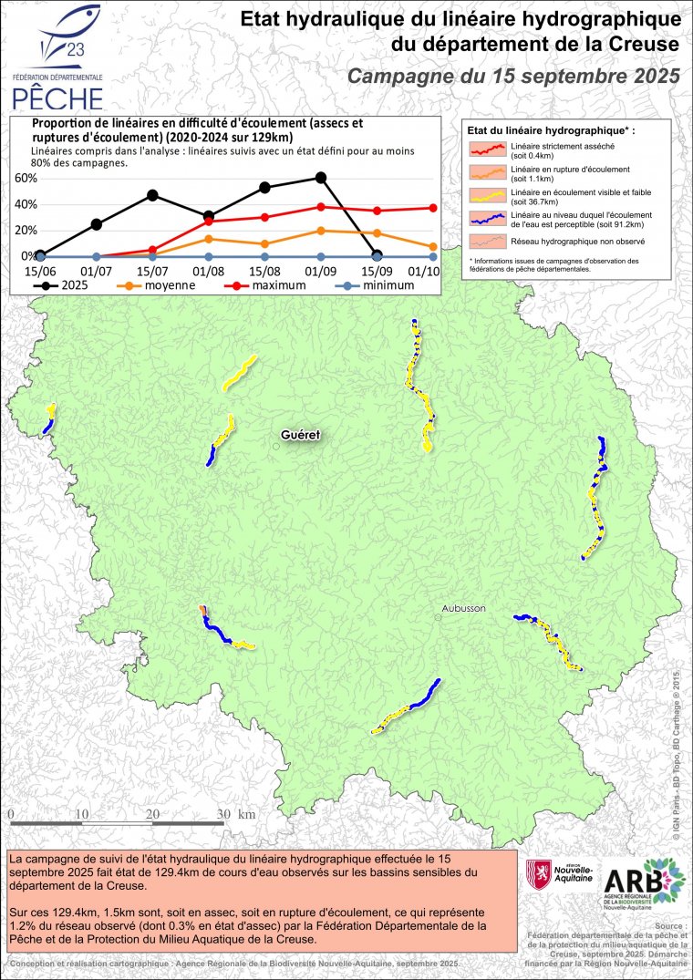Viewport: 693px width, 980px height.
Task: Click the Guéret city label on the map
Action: (x=301, y=435)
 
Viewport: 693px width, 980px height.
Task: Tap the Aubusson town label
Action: (x=464, y=607)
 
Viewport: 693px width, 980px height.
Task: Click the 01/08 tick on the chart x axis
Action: (x=209, y=271)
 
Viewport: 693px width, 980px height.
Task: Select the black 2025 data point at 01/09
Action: (x=320, y=178)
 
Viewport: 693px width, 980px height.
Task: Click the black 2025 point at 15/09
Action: (x=378, y=256)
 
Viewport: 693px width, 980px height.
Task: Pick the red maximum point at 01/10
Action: (x=432, y=208)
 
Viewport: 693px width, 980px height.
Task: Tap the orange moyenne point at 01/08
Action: (x=209, y=239)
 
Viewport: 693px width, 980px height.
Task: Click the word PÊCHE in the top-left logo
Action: (x=57, y=95)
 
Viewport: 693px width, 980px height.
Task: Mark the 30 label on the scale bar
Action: (x=222, y=813)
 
